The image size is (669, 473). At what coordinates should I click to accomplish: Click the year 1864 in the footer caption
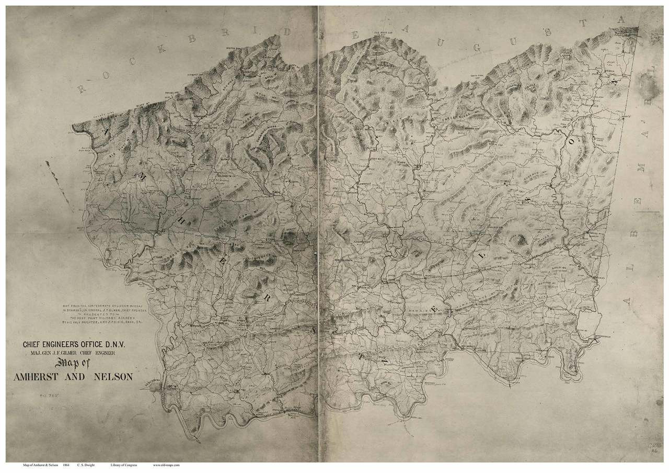click(x=66, y=465)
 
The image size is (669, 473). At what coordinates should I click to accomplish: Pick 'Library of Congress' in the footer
click(x=124, y=465)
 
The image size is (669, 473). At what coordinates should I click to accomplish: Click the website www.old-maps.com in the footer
click(x=167, y=465)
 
